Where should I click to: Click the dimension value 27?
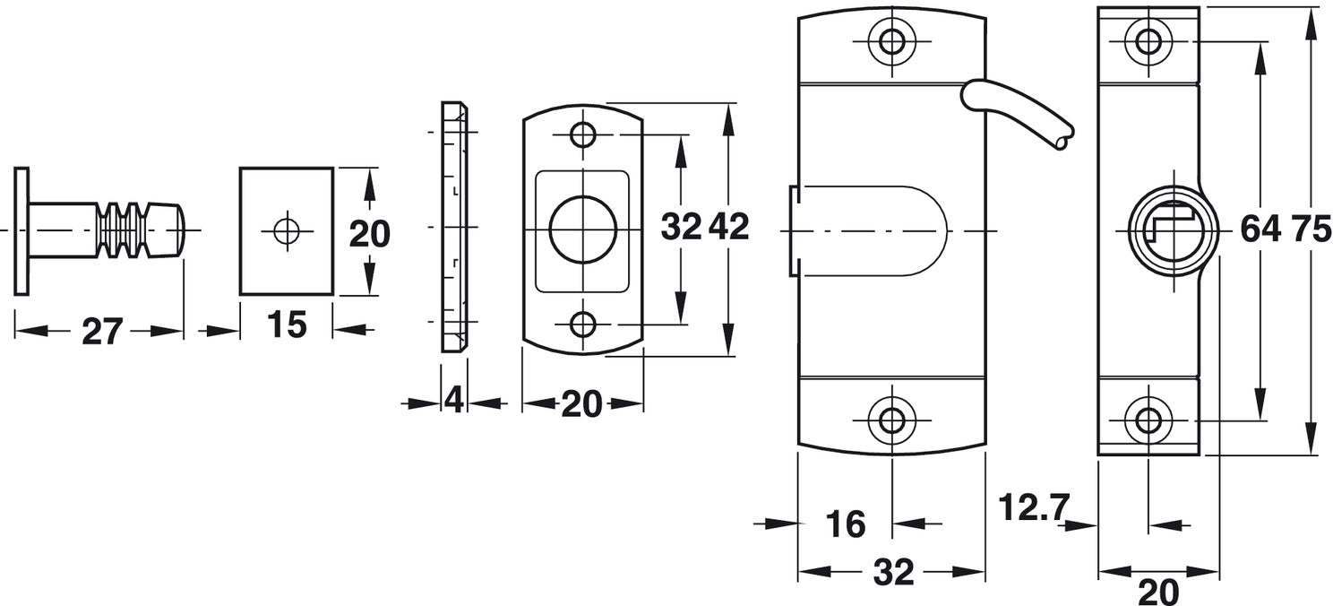click(x=102, y=331)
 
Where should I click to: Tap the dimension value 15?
click(x=287, y=325)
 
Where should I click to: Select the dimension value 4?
click(x=453, y=400)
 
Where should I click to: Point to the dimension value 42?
click(x=729, y=227)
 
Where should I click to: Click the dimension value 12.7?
click(x=1034, y=507)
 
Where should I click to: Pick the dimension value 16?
click(x=846, y=524)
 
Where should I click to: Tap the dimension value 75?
click(x=1311, y=229)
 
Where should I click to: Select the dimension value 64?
click(x=1260, y=229)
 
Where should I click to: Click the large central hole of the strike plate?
click(x=582, y=229)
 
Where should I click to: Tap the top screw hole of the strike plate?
click(x=583, y=135)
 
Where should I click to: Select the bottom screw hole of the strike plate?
click(x=583, y=325)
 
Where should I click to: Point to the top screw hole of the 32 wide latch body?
click(x=891, y=41)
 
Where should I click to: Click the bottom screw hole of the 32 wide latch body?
click(x=891, y=420)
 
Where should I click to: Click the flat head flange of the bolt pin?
click(x=21, y=230)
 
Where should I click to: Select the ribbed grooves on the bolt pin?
click(x=122, y=230)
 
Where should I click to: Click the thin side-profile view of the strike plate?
click(x=454, y=227)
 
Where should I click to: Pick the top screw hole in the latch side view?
click(x=1148, y=41)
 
